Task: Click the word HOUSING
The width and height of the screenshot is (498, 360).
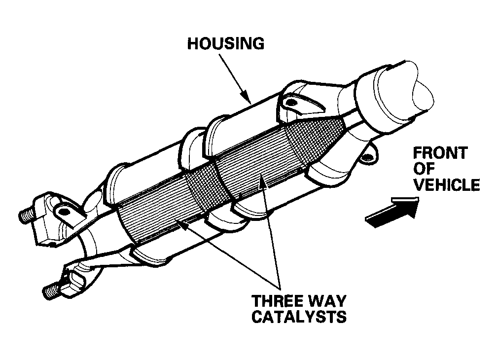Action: (225, 43)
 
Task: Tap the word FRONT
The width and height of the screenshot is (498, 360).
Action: (440, 153)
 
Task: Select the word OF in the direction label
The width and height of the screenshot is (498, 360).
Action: (424, 169)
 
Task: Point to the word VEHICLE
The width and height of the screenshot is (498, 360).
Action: (447, 185)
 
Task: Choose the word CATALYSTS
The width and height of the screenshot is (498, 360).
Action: (299, 317)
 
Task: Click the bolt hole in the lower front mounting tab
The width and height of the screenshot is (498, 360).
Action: (367, 156)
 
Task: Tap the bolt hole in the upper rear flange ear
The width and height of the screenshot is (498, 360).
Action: (64, 211)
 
